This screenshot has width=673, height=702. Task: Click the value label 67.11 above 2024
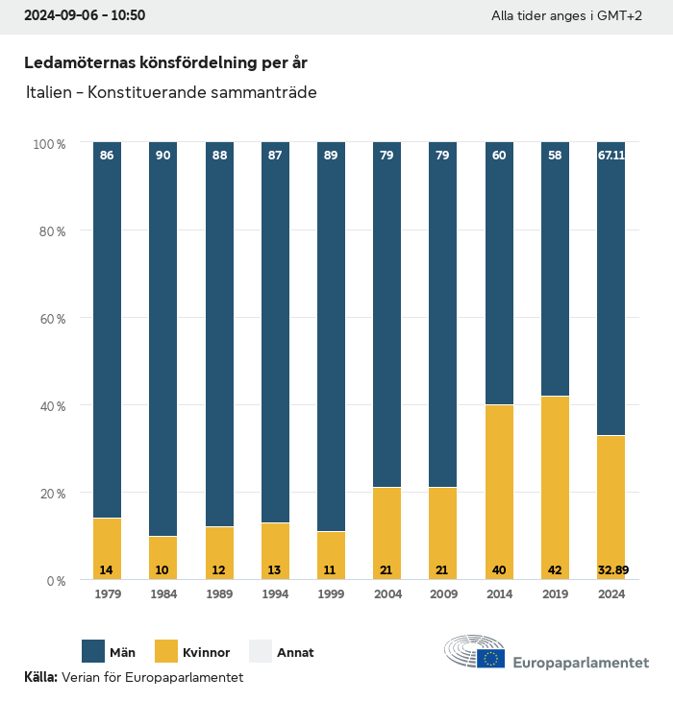(x=611, y=155)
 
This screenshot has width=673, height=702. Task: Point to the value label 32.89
(x=611, y=570)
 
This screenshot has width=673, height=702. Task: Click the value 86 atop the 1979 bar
(x=107, y=155)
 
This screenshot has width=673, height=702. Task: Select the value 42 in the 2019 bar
(x=555, y=570)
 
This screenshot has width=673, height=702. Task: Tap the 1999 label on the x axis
(x=331, y=594)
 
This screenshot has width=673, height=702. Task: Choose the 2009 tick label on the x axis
(x=443, y=594)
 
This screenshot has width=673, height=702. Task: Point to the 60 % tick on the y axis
(x=50, y=319)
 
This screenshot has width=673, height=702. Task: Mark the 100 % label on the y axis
(x=48, y=144)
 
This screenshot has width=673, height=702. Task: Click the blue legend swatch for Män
(x=93, y=652)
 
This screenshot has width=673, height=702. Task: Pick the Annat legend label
(x=295, y=653)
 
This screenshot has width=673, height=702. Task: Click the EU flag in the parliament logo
(x=491, y=659)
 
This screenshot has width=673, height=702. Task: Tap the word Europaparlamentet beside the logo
(x=581, y=663)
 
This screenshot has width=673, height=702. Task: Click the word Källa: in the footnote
(x=40, y=677)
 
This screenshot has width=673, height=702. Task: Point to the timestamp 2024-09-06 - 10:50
(x=85, y=16)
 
